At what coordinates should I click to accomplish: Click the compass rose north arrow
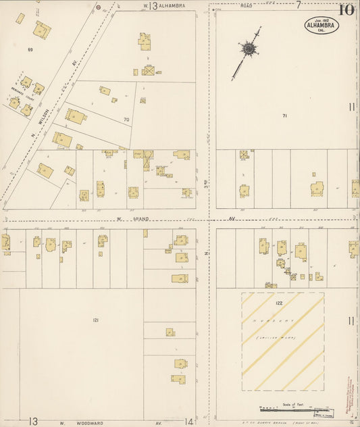click(x=249, y=49)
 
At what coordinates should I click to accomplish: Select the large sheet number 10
click(x=346, y=9)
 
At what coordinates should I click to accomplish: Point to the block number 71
click(x=285, y=116)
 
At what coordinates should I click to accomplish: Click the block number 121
click(x=96, y=320)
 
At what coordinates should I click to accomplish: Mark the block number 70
click(x=126, y=120)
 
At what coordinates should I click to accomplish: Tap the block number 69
click(x=30, y=50)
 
